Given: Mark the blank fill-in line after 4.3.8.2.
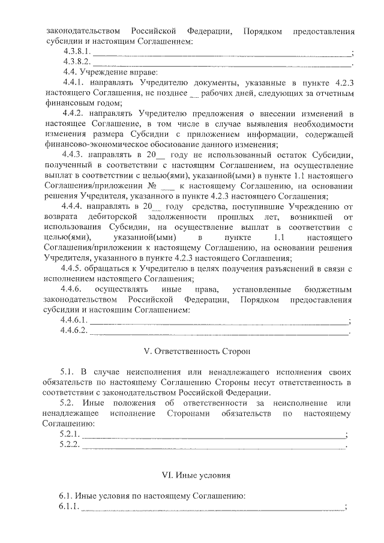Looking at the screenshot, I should pos(221,62).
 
